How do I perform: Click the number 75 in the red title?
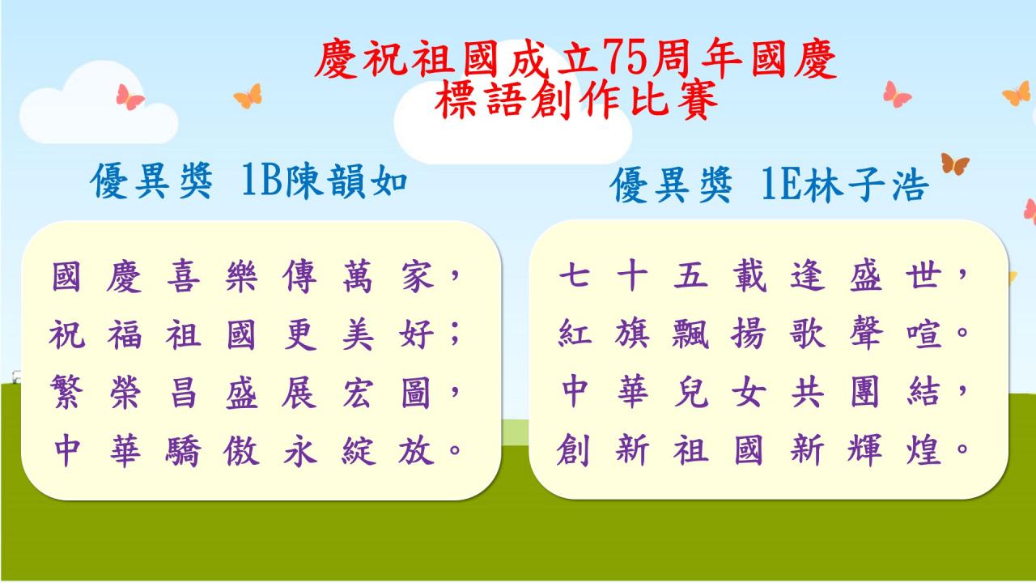[626, 59]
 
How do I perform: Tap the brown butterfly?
[955, 164]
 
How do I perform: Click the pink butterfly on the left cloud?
[129, 96]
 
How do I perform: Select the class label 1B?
[263, 181]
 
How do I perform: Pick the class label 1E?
[782, 184]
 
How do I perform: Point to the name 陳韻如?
[346, 181]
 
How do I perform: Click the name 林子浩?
[866, 184]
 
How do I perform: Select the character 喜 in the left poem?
[183, 276]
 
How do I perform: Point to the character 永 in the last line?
[299, 449]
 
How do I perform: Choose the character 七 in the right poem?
[574, 275]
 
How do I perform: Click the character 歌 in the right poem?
[808, 333]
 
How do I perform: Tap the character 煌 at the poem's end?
[923, 449]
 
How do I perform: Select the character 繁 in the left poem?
[67, 392]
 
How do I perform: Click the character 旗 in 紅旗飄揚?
[632, 333]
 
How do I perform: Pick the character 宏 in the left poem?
[357, 392]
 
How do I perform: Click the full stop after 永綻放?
[455, 449]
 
